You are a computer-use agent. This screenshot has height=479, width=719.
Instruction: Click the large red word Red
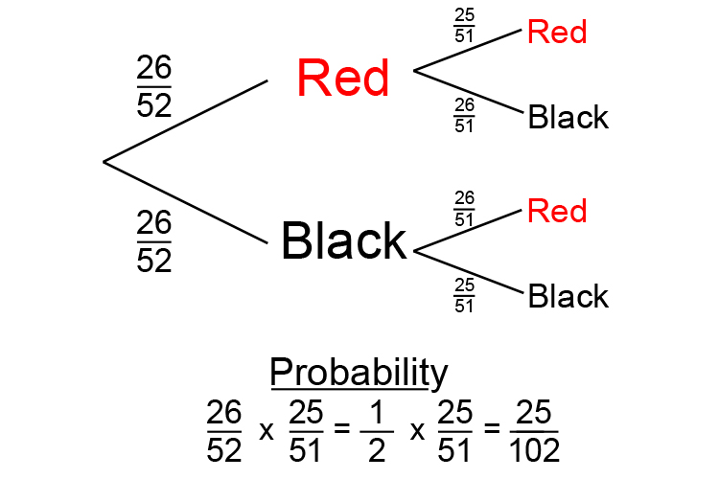point(343,78)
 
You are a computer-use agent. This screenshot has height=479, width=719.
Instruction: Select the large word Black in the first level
point(343,240)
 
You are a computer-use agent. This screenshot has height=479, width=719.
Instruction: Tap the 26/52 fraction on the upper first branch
point(153,87)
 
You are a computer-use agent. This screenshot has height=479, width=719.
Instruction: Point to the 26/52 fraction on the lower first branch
point(153,242)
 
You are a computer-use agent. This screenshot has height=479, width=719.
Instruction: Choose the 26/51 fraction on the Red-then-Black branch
point(464,115)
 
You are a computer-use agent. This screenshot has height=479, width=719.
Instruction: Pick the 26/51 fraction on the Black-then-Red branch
point(464,208)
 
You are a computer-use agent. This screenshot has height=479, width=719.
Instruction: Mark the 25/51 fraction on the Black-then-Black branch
point(464,294)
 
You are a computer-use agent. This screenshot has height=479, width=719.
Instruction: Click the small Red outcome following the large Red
point(557,33)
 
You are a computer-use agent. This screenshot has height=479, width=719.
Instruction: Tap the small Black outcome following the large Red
point(568,117)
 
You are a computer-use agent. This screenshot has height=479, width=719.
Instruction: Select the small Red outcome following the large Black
point(557,211)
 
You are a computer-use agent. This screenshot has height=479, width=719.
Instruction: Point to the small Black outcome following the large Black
point(568,296)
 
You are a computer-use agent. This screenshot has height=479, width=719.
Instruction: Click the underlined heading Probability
point(359,373)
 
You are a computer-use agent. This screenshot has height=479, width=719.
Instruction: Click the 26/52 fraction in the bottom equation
point(224,431)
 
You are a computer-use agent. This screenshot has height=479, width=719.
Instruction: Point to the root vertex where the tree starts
point(104,162)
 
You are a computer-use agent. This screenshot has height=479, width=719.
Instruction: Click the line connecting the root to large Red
point(185,121)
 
